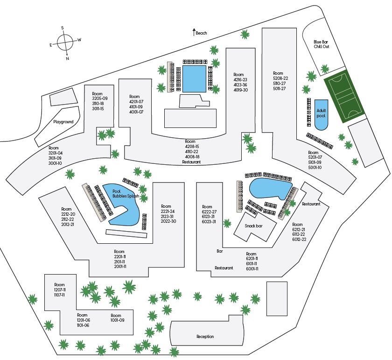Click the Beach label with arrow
click(x=200, y=33)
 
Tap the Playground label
click(x=63, y=122)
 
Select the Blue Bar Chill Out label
click(x=322, y=44)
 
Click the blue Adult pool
click(x=321, y=114)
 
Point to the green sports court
click(x=344, y=99)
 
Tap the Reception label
click(x=205, y=337)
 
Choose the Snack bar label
click(x=254, y=226)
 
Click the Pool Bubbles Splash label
click(x=123, y=194)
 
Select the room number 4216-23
click(x=241, y=79)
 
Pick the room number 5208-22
click(x=280, y=78)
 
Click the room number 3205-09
click(x=100, y=99)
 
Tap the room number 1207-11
click(x=59, y=289)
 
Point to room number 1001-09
click(x=118, y=320)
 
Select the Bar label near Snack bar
click(x=220, y=251)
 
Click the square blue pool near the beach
click(x=194, y=78)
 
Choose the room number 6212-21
click(x=299, y=229)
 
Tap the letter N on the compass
click(x=68, y=58)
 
